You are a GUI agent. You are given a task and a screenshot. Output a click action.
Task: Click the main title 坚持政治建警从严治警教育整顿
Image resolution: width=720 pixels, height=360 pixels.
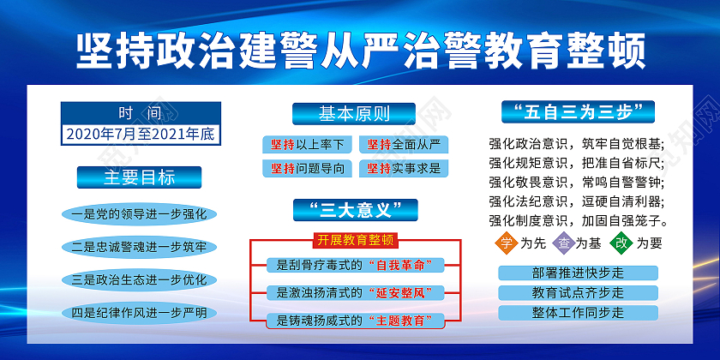360,50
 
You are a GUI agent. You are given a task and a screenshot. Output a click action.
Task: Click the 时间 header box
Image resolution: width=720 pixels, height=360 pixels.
141,113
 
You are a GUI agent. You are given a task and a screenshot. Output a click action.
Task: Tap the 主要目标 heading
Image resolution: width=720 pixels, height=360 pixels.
140,177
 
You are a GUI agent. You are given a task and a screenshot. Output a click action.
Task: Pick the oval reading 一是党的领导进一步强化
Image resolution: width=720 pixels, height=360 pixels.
139,214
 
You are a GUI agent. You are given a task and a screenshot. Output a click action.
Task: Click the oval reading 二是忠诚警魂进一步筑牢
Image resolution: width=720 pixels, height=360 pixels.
139,247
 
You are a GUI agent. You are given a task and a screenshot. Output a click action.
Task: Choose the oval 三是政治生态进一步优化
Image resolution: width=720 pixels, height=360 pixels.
139,279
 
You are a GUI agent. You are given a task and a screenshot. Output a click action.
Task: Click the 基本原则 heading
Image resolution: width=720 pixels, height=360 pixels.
354,113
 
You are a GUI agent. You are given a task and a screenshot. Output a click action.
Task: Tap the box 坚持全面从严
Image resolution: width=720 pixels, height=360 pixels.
404,143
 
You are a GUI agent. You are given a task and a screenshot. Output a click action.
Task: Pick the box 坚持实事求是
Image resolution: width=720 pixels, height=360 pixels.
404,168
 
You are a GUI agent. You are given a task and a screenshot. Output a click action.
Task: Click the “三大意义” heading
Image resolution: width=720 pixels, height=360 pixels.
355,209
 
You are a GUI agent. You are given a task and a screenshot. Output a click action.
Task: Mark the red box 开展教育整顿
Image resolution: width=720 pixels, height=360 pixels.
355,239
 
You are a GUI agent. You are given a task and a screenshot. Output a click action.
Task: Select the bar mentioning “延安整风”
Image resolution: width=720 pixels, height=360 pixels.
355,292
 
